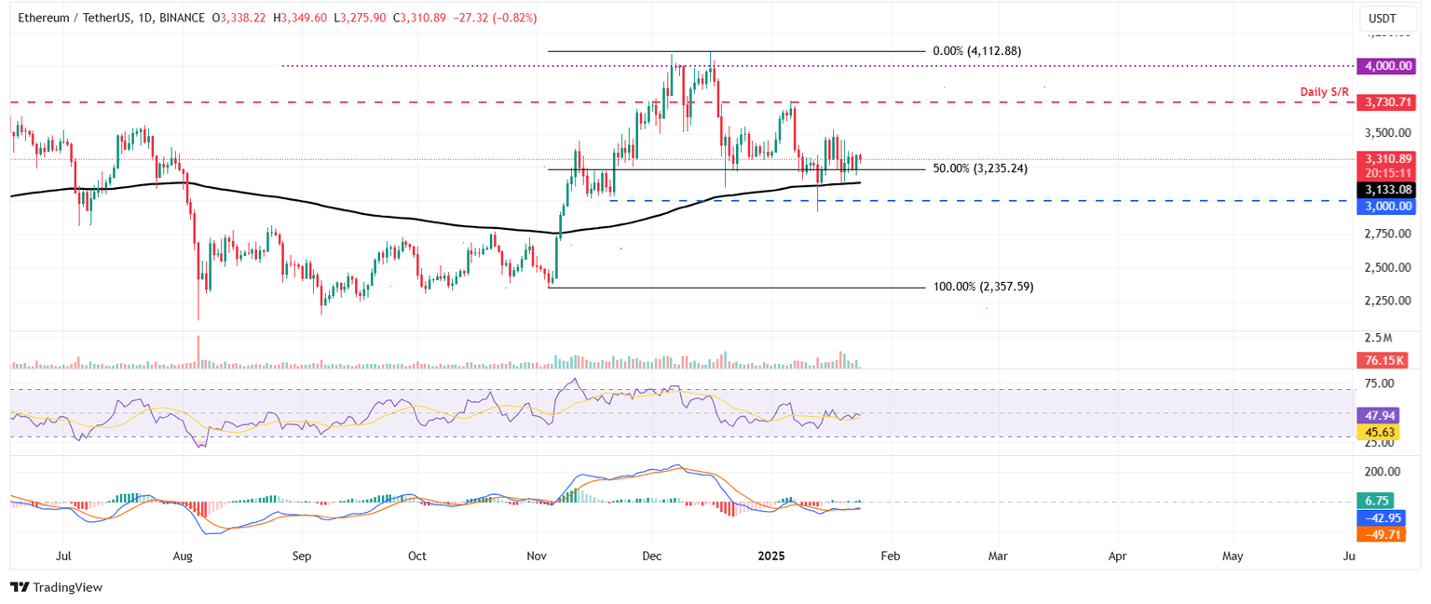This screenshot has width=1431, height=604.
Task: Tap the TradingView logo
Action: [x=56, y=587]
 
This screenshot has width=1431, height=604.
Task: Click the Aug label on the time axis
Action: [x=183, y=557]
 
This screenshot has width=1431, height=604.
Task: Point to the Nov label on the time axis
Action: [x=538, y=557]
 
